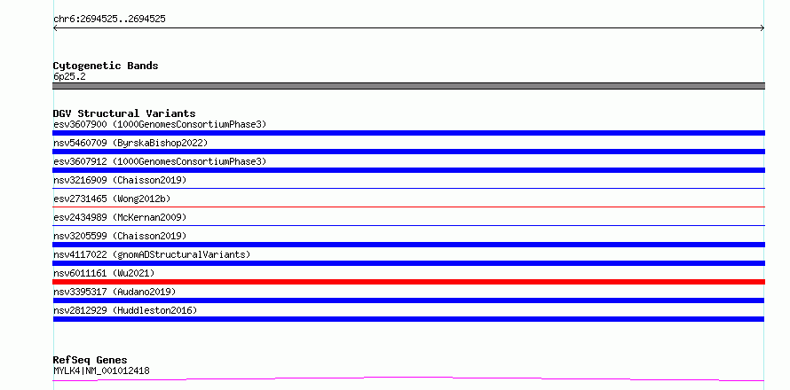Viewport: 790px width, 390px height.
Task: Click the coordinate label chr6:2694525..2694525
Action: pos(109,19)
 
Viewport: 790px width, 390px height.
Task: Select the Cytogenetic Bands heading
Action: pos(106,66)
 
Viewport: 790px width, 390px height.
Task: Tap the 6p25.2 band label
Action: pos(69,76)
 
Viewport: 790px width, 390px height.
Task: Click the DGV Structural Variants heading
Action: pos(124,113)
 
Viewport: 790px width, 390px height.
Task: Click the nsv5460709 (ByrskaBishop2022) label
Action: pos(130,143)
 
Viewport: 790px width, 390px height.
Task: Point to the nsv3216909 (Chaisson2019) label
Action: pos(120,180)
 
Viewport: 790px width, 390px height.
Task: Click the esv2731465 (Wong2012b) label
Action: pos(112,199)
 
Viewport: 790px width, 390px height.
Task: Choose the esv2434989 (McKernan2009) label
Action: pos(120,217)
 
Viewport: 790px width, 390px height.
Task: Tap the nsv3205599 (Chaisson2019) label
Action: pos(120,236)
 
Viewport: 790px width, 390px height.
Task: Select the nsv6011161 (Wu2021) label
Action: pos(104,273)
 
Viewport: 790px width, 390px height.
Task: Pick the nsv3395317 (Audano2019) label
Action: pos(115,292)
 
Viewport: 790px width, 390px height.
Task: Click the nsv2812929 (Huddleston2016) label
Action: pos(125,310)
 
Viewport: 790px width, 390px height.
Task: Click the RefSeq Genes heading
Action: pos(91,361)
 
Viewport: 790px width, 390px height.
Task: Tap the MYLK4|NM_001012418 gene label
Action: pos(101,370)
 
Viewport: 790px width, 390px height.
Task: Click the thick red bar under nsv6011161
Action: pos(408,282)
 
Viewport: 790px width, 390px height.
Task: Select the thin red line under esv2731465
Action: pos(408,207)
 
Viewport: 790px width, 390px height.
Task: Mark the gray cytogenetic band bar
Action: pos(408,86)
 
